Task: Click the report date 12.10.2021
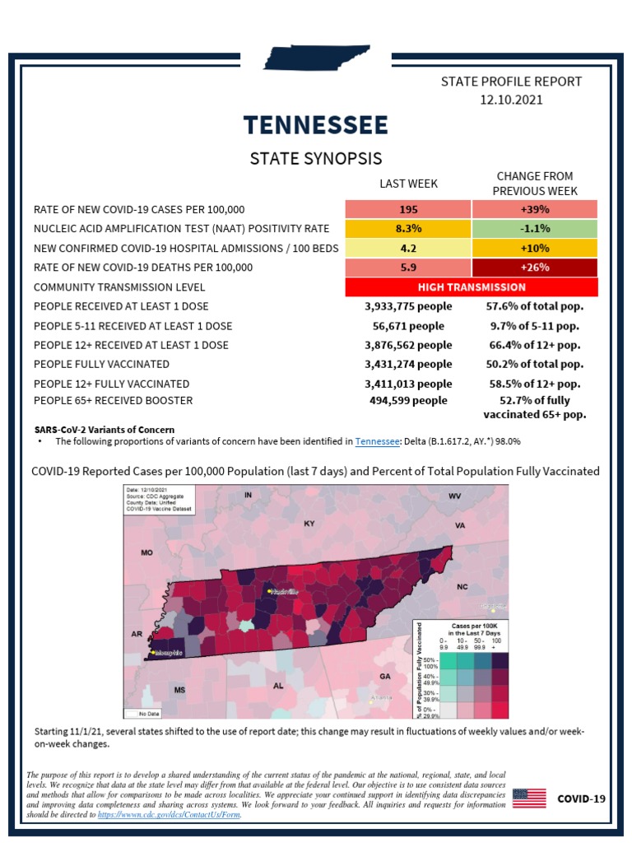pos(511,100)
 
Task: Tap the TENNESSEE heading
pos(316,125)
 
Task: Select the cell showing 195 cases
pos(408,209)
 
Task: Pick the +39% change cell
pos(535,209)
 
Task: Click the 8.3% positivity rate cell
pos(408,228)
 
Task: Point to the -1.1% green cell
pos(535,228)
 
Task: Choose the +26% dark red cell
pos(535,267)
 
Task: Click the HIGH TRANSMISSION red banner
pos(472,287)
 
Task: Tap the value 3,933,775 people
pos(408,306)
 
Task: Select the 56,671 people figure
pos(408,326)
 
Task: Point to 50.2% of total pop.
pos(535,364)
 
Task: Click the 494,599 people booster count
pos(408,401)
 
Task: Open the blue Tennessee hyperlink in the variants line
pos(378,442)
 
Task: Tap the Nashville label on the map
pos(281,591)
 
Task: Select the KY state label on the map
pos(309,524)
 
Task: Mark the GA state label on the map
pos(385,676)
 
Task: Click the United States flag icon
pos(529,799)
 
